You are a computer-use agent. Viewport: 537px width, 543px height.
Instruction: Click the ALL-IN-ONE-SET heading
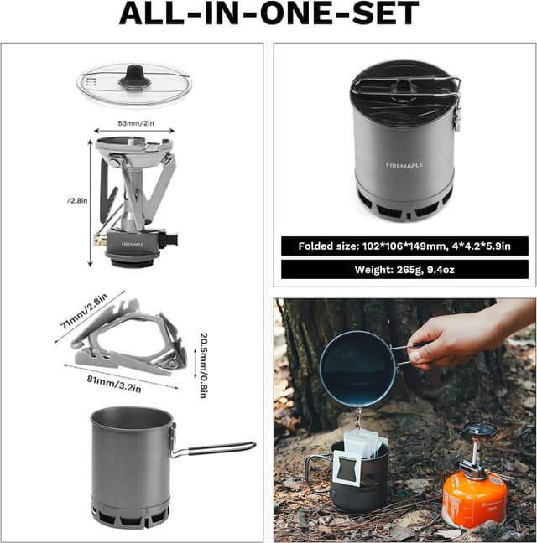click(268, 14)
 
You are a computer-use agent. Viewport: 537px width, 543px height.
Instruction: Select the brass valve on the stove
click(98, 240)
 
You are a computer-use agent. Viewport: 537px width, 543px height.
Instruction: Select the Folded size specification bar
click(404, 246)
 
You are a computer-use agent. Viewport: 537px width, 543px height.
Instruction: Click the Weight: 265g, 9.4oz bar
click(404, 269)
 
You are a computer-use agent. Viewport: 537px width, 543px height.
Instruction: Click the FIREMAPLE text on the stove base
click(132, 244)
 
